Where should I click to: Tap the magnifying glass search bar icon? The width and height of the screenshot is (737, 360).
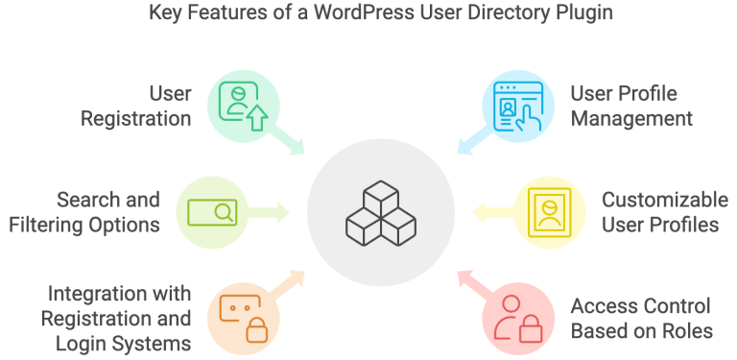[212, 210]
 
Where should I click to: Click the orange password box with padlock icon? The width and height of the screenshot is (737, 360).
[236, 315]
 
